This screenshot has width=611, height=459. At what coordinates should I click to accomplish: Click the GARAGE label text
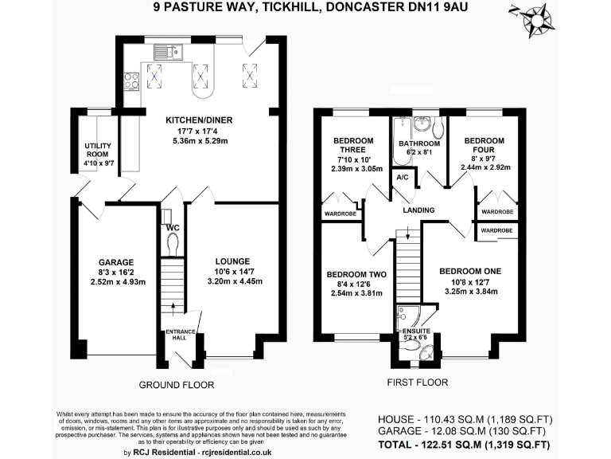(x=115, y=262)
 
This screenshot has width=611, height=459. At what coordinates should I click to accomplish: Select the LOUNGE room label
(x=232, y=261)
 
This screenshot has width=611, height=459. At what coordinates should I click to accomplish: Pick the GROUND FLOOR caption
(x=177, y=384)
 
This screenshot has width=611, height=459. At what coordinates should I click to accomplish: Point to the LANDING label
(x=418, y=210)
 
